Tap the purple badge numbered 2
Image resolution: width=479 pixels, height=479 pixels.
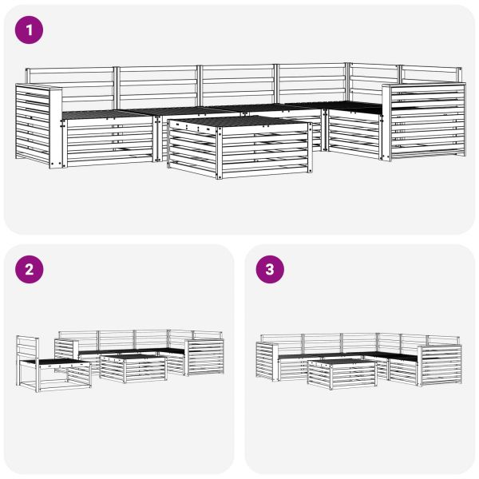[30, 269]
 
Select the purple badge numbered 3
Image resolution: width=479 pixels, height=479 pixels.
[269, 269]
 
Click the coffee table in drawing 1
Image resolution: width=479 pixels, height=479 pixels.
[239, 148]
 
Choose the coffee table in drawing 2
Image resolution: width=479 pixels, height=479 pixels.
[133, 369]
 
